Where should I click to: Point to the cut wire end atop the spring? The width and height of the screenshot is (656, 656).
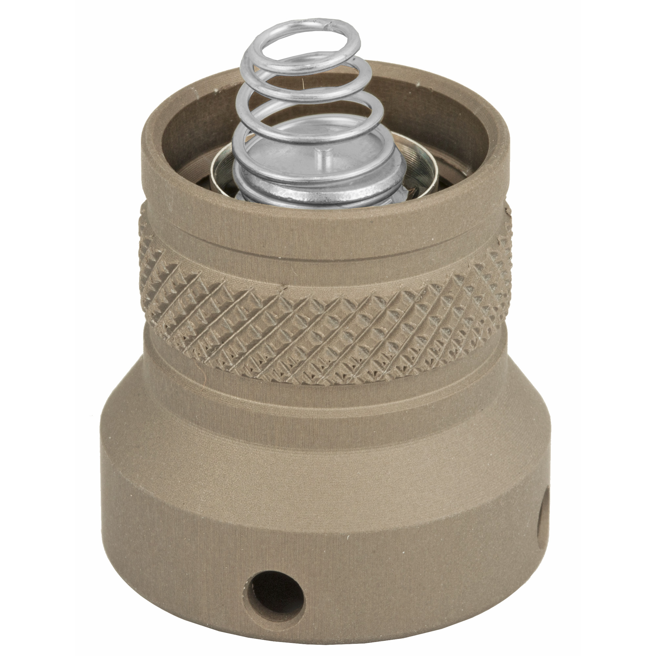point(329,26)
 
